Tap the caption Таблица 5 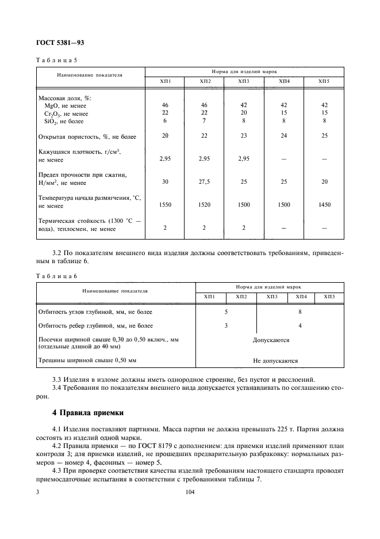[56, 60]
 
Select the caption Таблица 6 [56, 276]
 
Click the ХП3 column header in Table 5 [244, 82]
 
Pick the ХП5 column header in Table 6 [329, 296]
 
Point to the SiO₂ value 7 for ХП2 [204, 121]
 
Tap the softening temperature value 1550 [164, 204]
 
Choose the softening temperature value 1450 [324, 204]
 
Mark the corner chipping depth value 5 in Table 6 [226, 312]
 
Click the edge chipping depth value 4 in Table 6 [300, 326]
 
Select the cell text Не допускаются [275, 360]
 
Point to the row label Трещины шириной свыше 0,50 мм [87, 360]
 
